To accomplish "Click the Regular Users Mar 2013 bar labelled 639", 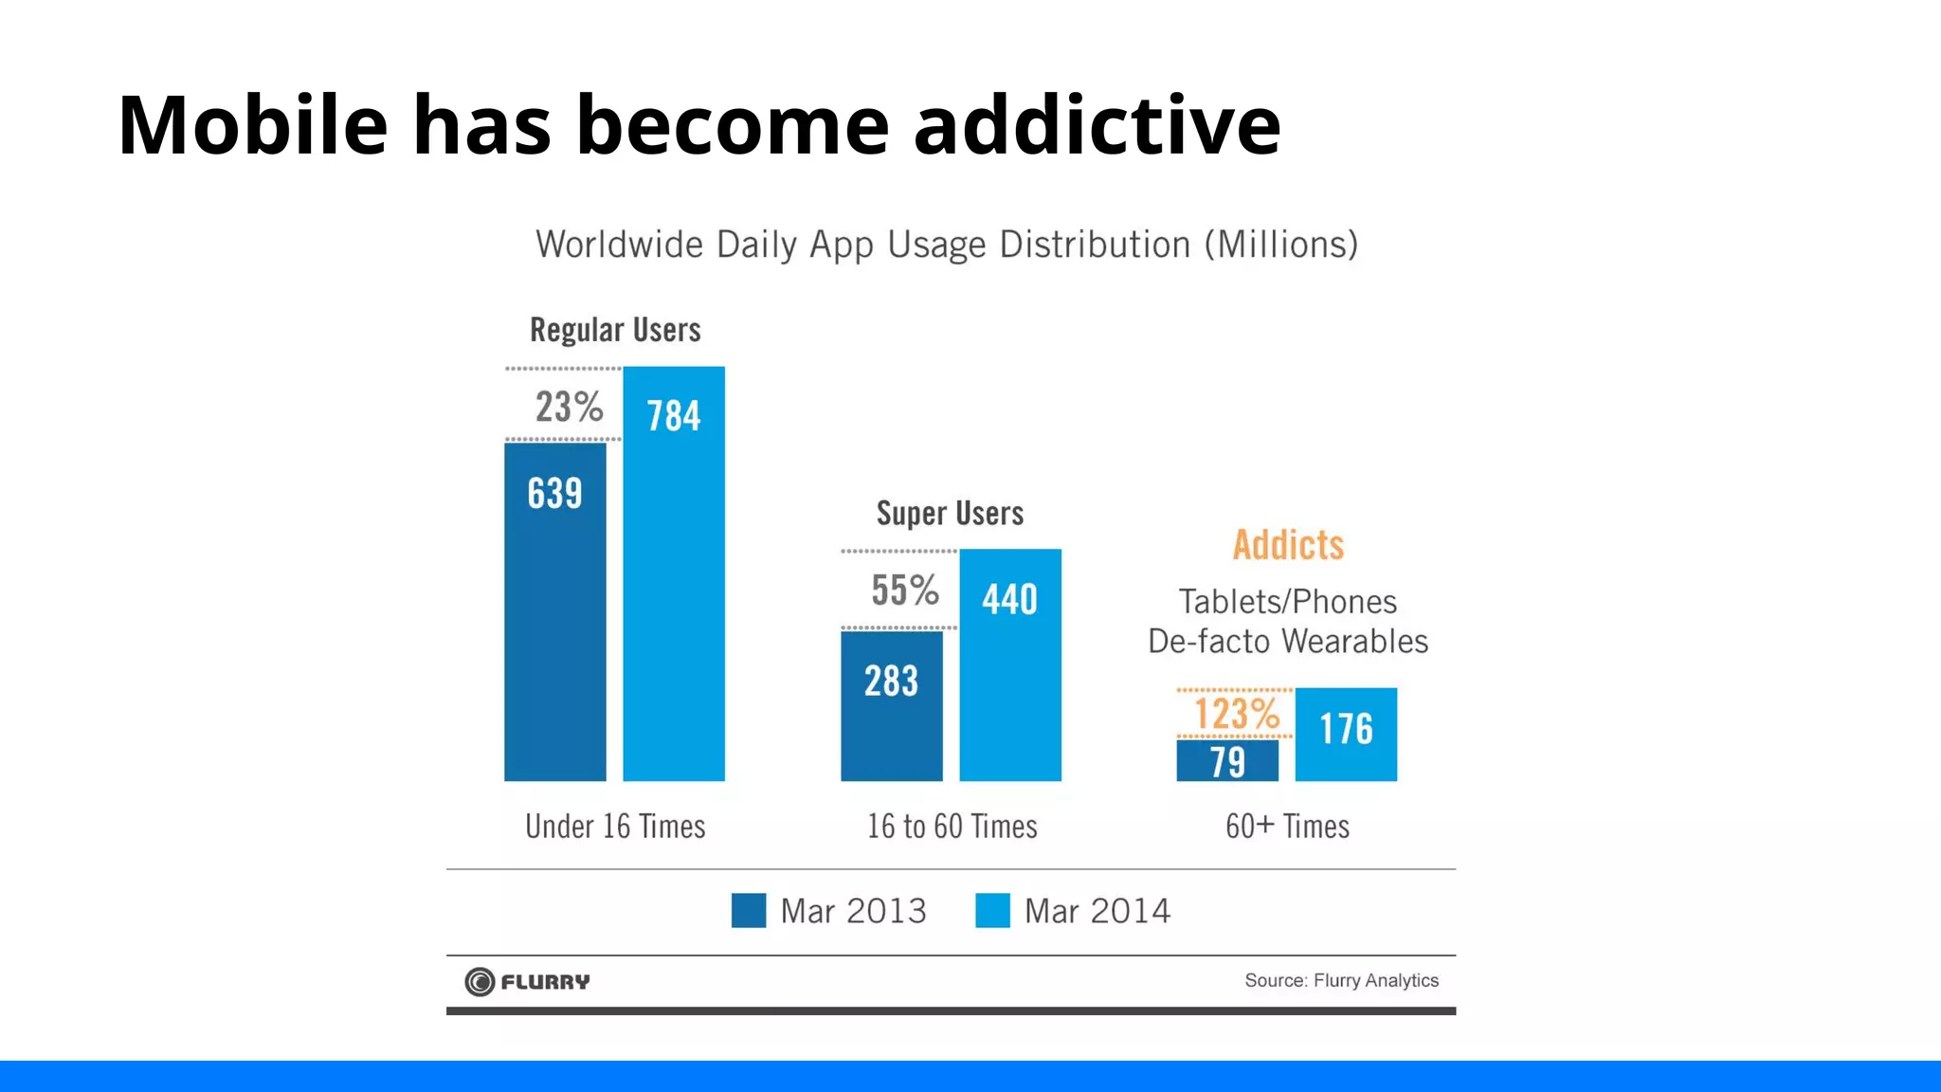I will pos(554,611).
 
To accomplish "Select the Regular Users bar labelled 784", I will pos(674,573).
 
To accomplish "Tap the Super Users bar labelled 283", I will pos(891,705).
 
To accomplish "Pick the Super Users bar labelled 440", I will pos(1010,664).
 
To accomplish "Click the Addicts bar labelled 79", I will pos(1227,760).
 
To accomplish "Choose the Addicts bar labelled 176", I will pos(1346,734).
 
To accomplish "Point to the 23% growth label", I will pos(569,407).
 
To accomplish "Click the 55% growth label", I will pos(905,590).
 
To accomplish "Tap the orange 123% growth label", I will pos(1236,714).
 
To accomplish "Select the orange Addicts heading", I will pos(1288,545).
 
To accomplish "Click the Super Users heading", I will pos(950,514).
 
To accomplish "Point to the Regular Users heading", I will pos(615,330).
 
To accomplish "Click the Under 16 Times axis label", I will pos(615,827).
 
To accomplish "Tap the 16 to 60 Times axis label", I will pos(952,827).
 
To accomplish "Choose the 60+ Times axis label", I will pos(1287,827).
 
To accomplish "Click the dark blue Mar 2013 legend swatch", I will pos(749,910).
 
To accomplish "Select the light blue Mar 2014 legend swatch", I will pos(992,910).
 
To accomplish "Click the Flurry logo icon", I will pos(480,981).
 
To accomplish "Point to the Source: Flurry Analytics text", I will pos(1341,980).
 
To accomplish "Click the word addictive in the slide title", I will pos(1097,125).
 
